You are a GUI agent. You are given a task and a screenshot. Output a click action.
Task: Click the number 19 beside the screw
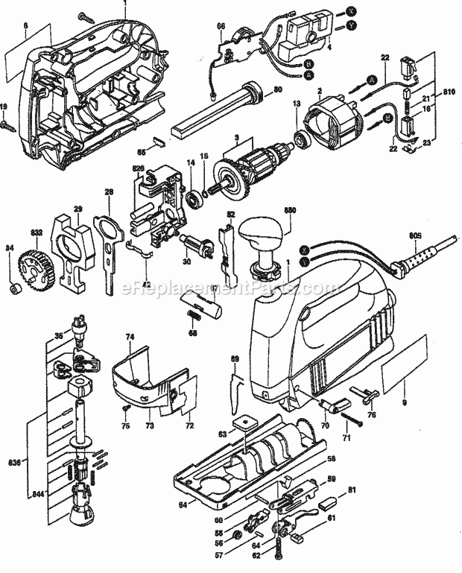4,107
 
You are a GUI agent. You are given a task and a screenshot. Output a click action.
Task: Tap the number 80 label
277,91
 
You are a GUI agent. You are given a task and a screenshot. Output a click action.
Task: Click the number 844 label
16,493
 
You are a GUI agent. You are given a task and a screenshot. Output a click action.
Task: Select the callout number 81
351,490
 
